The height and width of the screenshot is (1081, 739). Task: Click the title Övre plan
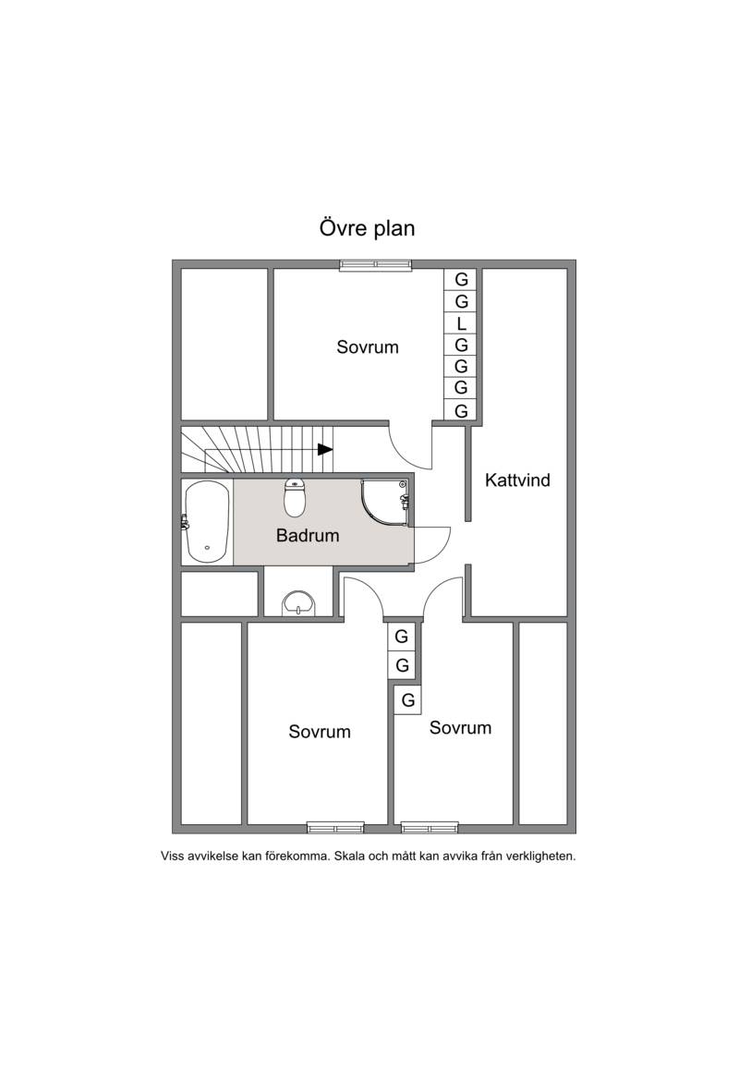367,228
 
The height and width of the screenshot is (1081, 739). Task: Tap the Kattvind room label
517,480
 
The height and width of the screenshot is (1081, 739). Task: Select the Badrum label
308,535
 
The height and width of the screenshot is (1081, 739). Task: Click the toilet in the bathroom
295,497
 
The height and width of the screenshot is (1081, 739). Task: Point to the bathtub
206,522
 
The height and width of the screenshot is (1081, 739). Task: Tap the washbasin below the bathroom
298,602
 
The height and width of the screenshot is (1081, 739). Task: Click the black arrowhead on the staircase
325,450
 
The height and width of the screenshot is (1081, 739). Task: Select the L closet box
461,322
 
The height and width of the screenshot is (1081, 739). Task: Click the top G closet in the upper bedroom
461,279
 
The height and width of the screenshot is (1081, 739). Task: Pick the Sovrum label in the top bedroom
368,346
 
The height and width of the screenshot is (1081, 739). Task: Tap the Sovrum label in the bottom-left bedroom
320,732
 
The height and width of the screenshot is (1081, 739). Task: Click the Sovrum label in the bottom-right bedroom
460,727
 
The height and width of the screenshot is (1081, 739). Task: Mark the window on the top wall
375,264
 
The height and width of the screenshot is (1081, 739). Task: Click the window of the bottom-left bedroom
335,827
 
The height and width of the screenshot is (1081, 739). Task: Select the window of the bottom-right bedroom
430,827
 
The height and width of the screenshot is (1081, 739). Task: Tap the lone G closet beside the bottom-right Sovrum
407,700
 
